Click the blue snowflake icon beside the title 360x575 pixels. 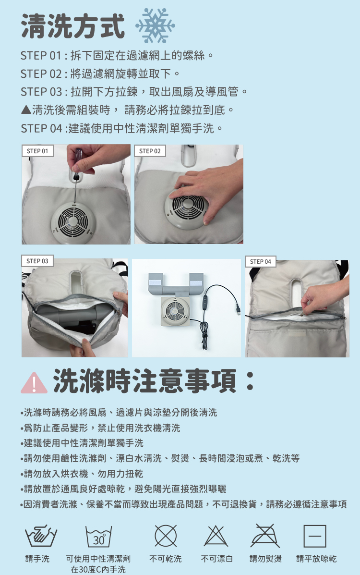point(155,25)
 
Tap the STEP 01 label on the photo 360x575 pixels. point(37,151)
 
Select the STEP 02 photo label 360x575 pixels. point(150,151)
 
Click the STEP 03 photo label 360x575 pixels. point(37,261)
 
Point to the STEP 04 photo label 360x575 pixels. point(260,261)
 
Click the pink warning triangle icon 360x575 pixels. point(34,383)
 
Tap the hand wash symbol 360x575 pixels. point(41,536)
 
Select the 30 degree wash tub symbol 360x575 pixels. point(98,537)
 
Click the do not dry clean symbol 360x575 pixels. point(166,536)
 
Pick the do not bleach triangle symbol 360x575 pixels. point(216,536)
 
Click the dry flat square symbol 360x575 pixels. point(315,536)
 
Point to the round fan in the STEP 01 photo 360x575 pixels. point(73,222)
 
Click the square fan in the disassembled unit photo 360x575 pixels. point(176,311)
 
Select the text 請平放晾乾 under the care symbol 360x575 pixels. point(316,559)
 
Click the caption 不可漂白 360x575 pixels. point(216,559)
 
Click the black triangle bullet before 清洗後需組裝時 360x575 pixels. point(26,109)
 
